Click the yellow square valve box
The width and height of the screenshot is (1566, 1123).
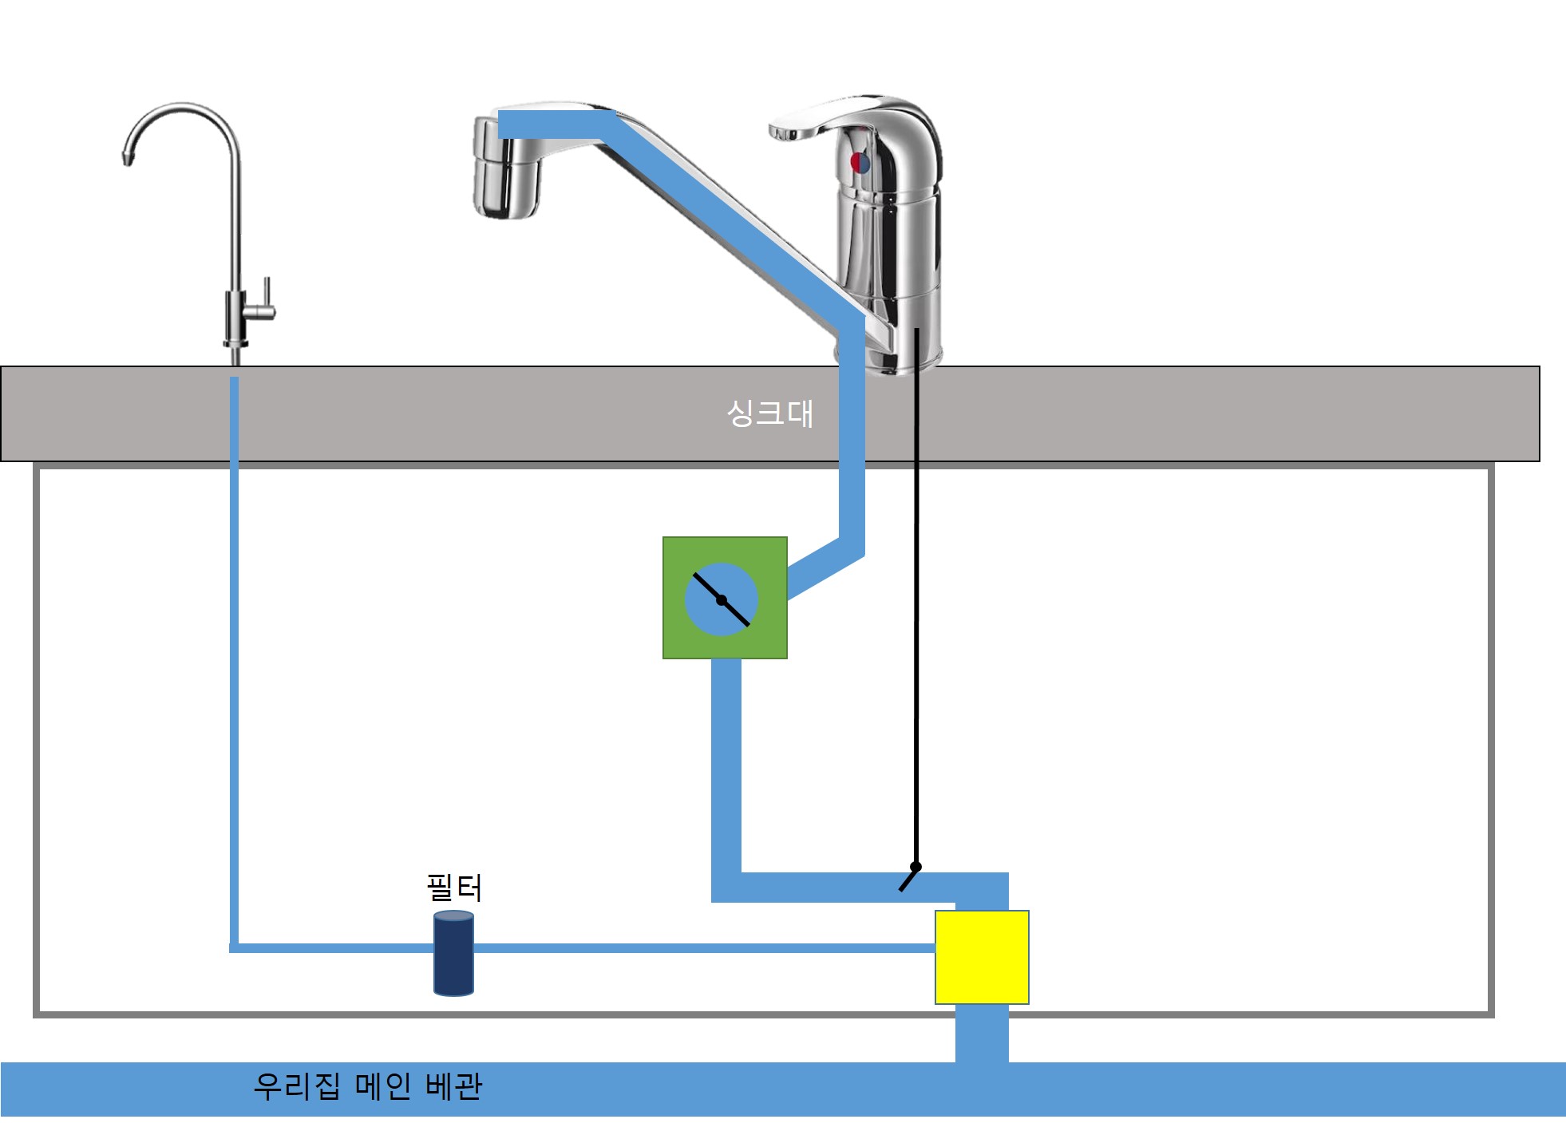(x=982, y=957)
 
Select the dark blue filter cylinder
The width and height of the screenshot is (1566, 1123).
(x=453, y=954)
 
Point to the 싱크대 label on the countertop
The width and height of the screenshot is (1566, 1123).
(x=769, y=413)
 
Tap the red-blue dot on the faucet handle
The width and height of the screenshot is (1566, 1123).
(x=860, y=163)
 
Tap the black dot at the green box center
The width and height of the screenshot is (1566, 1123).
(x=722, y=600)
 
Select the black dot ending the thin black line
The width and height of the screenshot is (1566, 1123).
(x=915, y=867)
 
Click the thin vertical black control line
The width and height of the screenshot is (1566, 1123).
(x=916, y=639)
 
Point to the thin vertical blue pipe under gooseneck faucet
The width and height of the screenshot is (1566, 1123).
(x=235, y=678)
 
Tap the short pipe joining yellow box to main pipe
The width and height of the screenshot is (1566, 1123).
(x=982, y=1033)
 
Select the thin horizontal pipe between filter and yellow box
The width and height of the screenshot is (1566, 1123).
(x=702, y=948)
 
